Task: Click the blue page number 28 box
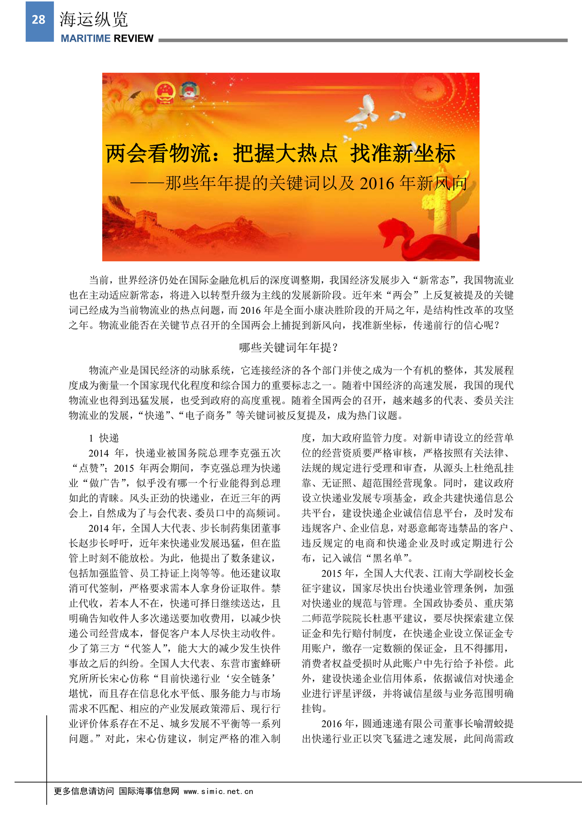39,20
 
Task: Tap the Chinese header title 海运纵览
94,20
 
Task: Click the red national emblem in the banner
165,93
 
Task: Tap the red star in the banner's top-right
428,90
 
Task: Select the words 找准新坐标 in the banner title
403,154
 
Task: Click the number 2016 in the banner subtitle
377,183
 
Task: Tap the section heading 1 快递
104,438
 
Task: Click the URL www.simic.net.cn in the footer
218,791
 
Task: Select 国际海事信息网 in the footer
149,791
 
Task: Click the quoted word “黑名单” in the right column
388,558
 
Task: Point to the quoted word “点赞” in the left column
89,468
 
